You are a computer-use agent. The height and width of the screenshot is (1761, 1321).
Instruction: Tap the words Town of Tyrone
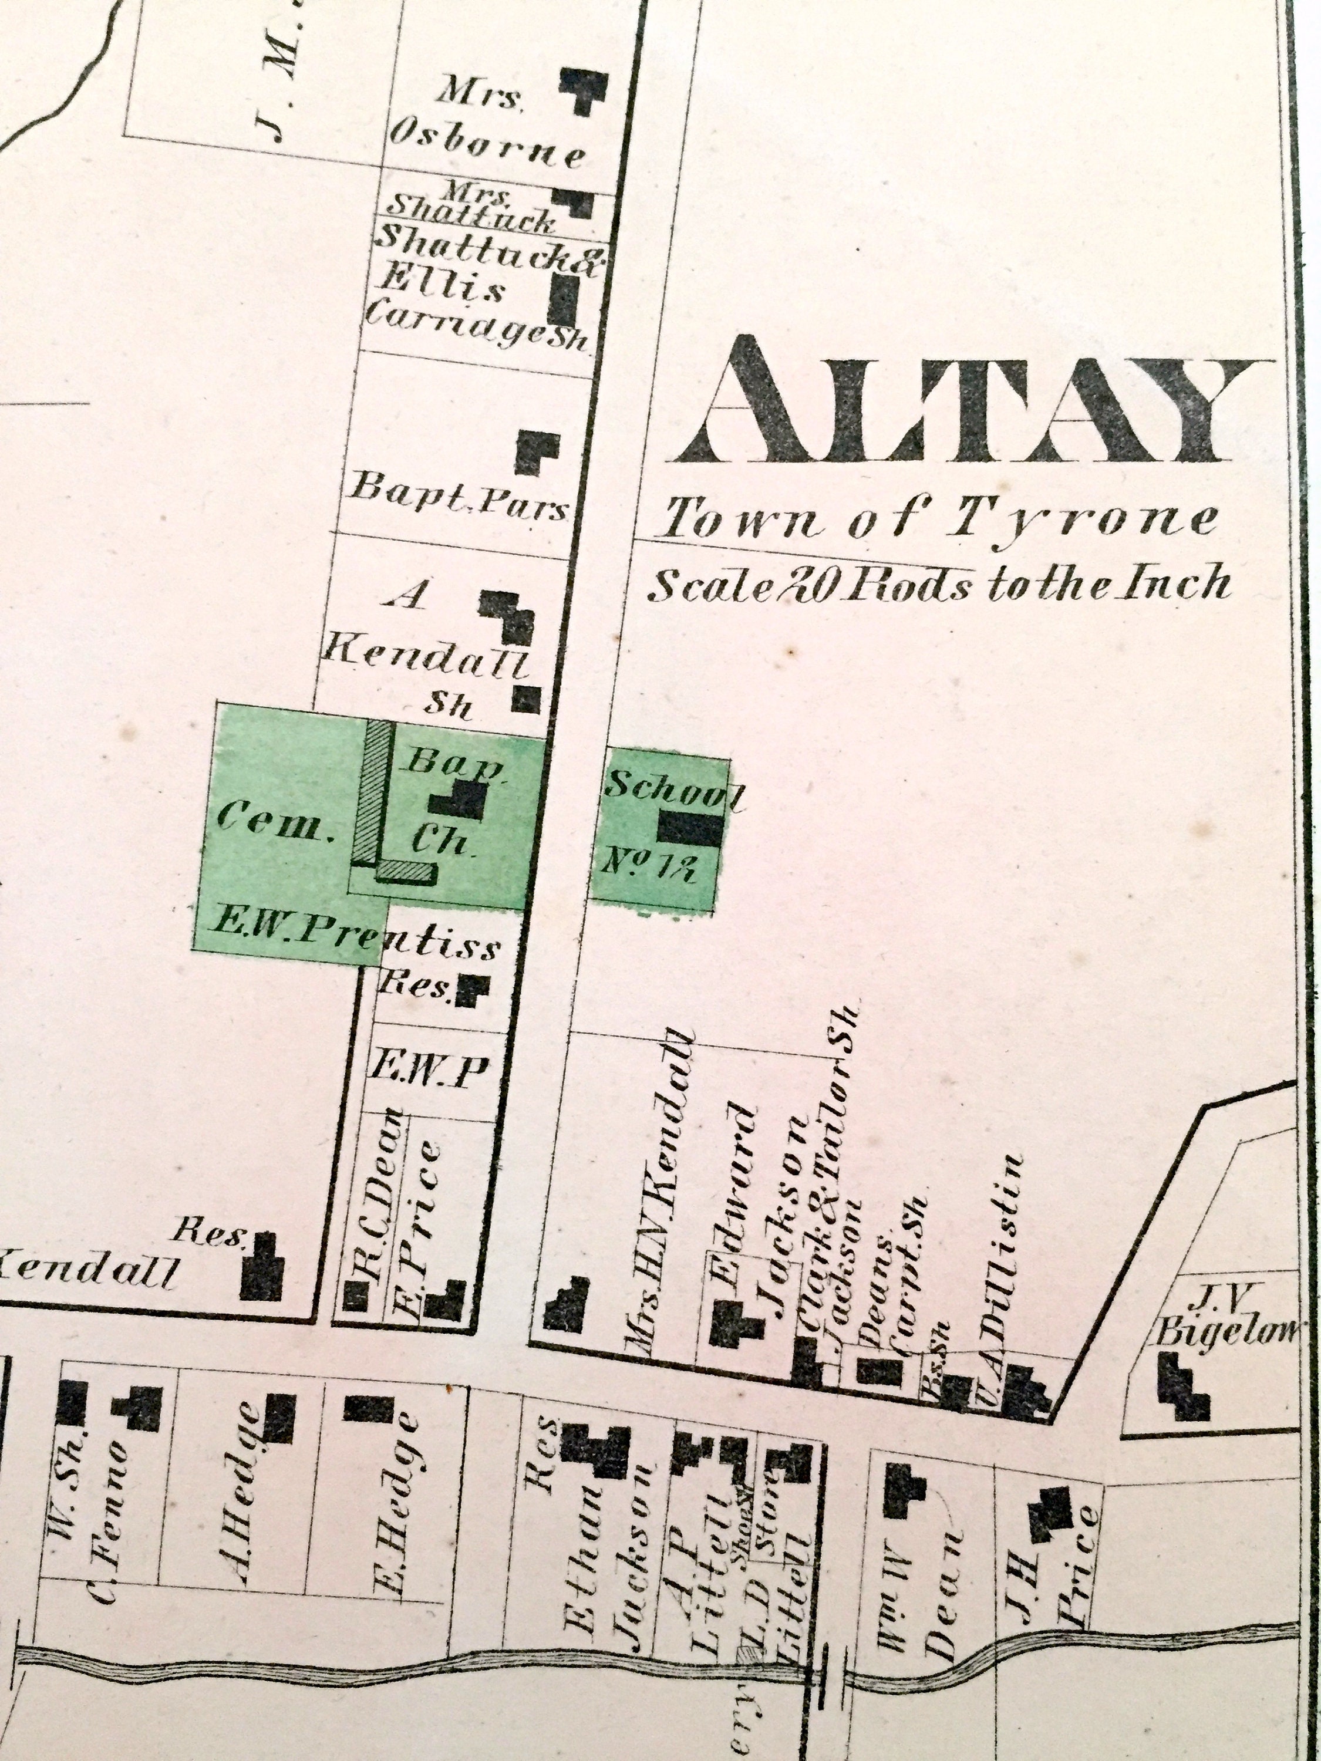click(939, 521)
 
